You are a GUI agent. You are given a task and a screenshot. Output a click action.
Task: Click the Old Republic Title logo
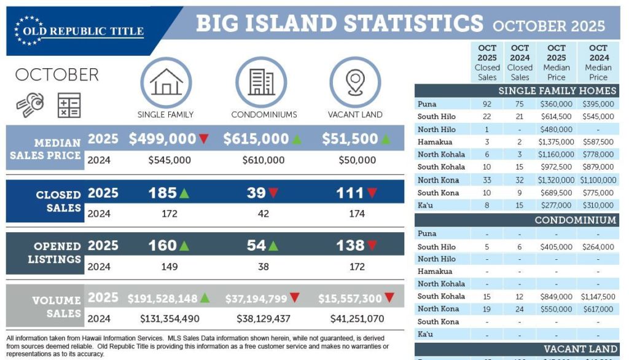click(x=80, y=30)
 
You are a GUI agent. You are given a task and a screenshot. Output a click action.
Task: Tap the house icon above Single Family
click(x=165, y=82)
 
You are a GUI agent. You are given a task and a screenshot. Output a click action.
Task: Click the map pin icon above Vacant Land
click(x=355, y=82)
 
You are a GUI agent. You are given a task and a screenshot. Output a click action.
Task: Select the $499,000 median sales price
click(x=162, y=139)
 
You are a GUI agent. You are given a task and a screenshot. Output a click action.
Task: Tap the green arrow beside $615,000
click(x=297, y=139)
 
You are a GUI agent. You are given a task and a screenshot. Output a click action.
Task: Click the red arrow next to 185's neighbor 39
click(x=273, y=194)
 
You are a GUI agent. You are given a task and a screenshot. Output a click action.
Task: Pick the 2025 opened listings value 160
click(x=162, y=246)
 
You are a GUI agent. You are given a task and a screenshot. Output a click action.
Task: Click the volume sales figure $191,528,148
click(x=162, y=299)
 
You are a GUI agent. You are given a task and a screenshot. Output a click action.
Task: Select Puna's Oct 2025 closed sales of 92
click(x=487, y=104)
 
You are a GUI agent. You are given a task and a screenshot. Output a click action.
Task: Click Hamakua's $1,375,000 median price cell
click(x=557, y=142)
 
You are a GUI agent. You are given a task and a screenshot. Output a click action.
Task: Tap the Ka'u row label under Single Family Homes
click(x=426, y=205)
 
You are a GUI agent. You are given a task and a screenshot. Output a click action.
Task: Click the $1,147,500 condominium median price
click(x=598, y=296)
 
